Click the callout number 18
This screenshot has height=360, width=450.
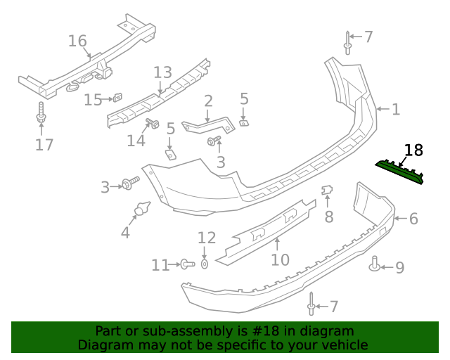click(413, 150)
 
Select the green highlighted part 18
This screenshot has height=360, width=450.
click(399, 172)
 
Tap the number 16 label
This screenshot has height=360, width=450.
click(77, 41)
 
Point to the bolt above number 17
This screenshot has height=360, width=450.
click(41, 112)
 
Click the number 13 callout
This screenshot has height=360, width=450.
click(162, 72)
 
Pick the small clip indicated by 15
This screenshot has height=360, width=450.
click(117, 97)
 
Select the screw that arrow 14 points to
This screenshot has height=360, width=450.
click(153, 123)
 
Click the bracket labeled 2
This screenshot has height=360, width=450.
click(208, 125)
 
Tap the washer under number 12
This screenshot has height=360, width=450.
click(204, 264)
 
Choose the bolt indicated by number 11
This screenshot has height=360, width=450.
click(188, 264)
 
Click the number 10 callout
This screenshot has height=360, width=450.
click(280, 260)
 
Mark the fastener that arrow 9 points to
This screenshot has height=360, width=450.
click(375, 264)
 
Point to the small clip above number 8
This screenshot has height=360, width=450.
click(327, 190)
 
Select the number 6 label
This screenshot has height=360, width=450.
click(413, 219)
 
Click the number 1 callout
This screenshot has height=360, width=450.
click(396, 110)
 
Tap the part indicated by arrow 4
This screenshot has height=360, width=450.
click(142, 208)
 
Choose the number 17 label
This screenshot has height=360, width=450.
click(44, 145)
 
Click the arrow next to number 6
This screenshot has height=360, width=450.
click(400, 219)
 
